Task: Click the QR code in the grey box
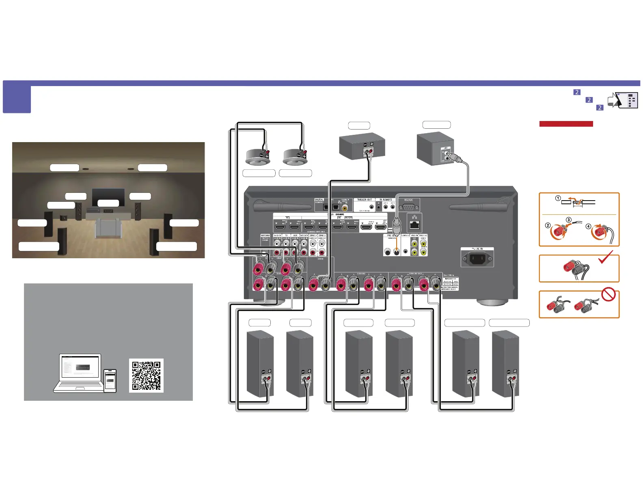(146, 376)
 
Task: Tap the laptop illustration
(80, 373)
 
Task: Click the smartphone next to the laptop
(110, 380)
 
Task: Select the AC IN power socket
(477, 258)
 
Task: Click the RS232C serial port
(409, 207)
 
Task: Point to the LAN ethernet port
(414, 225)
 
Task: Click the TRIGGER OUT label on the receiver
(364, 200)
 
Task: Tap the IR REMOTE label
(386, 200)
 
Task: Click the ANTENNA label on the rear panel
(265, 236)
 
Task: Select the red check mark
(606, 257)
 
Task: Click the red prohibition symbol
(608, 294)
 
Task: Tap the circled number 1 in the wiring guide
(558, 199)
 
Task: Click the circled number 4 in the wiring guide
(588, 226)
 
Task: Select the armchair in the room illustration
(108, 228)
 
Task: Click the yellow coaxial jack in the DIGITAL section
(345, 207)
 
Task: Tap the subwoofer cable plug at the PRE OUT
(397, 226)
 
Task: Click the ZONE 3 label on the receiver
(313, 236)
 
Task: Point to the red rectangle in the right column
(566, 124)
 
